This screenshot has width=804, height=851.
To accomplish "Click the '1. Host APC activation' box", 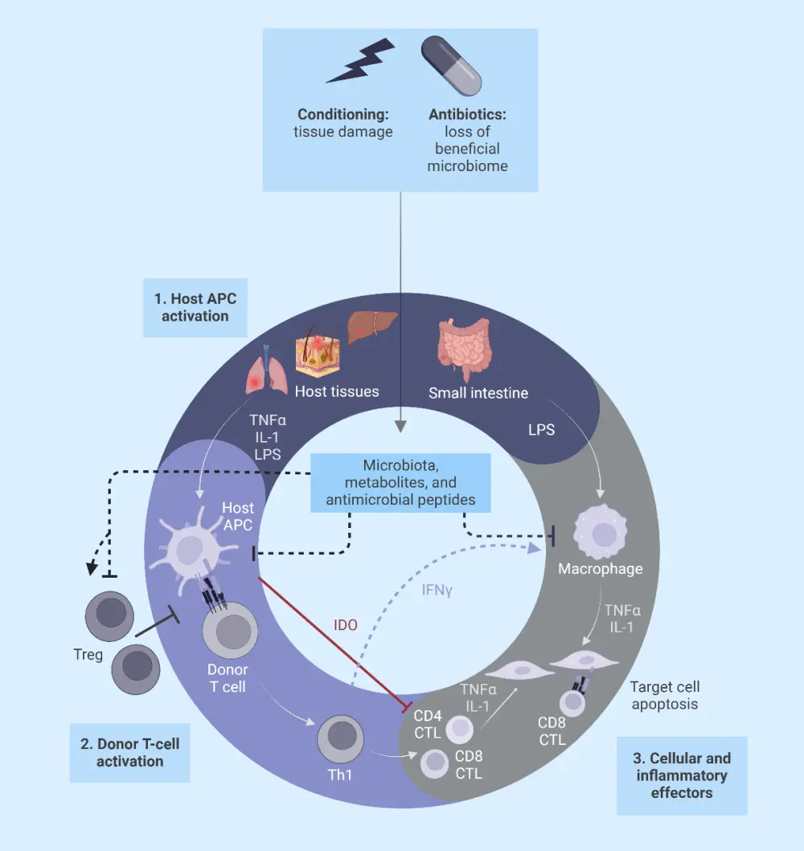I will click(x=195, y=307).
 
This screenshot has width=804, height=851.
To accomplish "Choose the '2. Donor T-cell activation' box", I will click(x=130, y=752).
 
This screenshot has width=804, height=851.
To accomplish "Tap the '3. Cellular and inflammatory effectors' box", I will click(x=682, y=775).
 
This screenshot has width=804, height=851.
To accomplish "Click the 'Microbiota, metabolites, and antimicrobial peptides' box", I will click(x=399, y=482).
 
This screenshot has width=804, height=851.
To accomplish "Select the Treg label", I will click(x=88, y=655).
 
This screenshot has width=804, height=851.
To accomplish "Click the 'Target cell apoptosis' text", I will click(x=665, y=695).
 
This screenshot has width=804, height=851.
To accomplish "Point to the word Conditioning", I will click(x=343, y=114).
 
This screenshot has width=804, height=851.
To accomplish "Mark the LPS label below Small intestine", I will click(x=541, y=430).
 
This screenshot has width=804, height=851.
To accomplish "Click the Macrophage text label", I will click(x=601, y=569).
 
